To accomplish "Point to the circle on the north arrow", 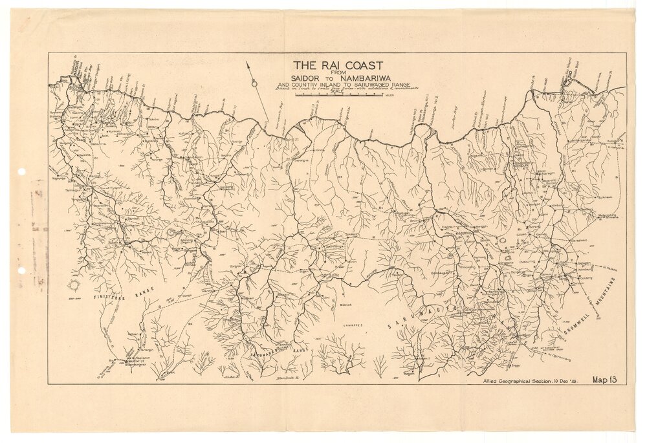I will click(x=256, y=83).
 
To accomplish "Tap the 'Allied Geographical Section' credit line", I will click(x=529, y=382).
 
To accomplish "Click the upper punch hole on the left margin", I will click(x=21, y=172).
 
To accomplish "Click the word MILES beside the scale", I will click(x=389, y=95).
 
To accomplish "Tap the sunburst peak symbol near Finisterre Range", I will click(x=76, y=285).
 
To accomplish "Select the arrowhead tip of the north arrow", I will click(x=247, y=62).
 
